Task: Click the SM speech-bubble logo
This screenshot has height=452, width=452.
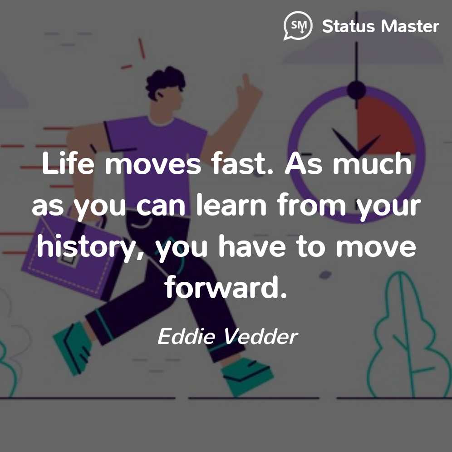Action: (x=298, y=26)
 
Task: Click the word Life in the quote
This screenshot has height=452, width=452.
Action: (x=68, y=163)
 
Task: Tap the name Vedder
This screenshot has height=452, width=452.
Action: (x=261, y=336)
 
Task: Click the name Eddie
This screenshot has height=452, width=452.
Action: (x=187, y=336)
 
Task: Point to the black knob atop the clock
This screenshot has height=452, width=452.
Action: (x=357, y=90)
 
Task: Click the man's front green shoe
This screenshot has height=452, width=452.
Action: (x=247, y=376)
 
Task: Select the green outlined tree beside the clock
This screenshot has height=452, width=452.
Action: (x=409, y=334)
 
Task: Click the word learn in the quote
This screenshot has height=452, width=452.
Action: (x=231, y=206)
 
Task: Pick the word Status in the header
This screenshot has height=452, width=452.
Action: (x=348, y=26)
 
